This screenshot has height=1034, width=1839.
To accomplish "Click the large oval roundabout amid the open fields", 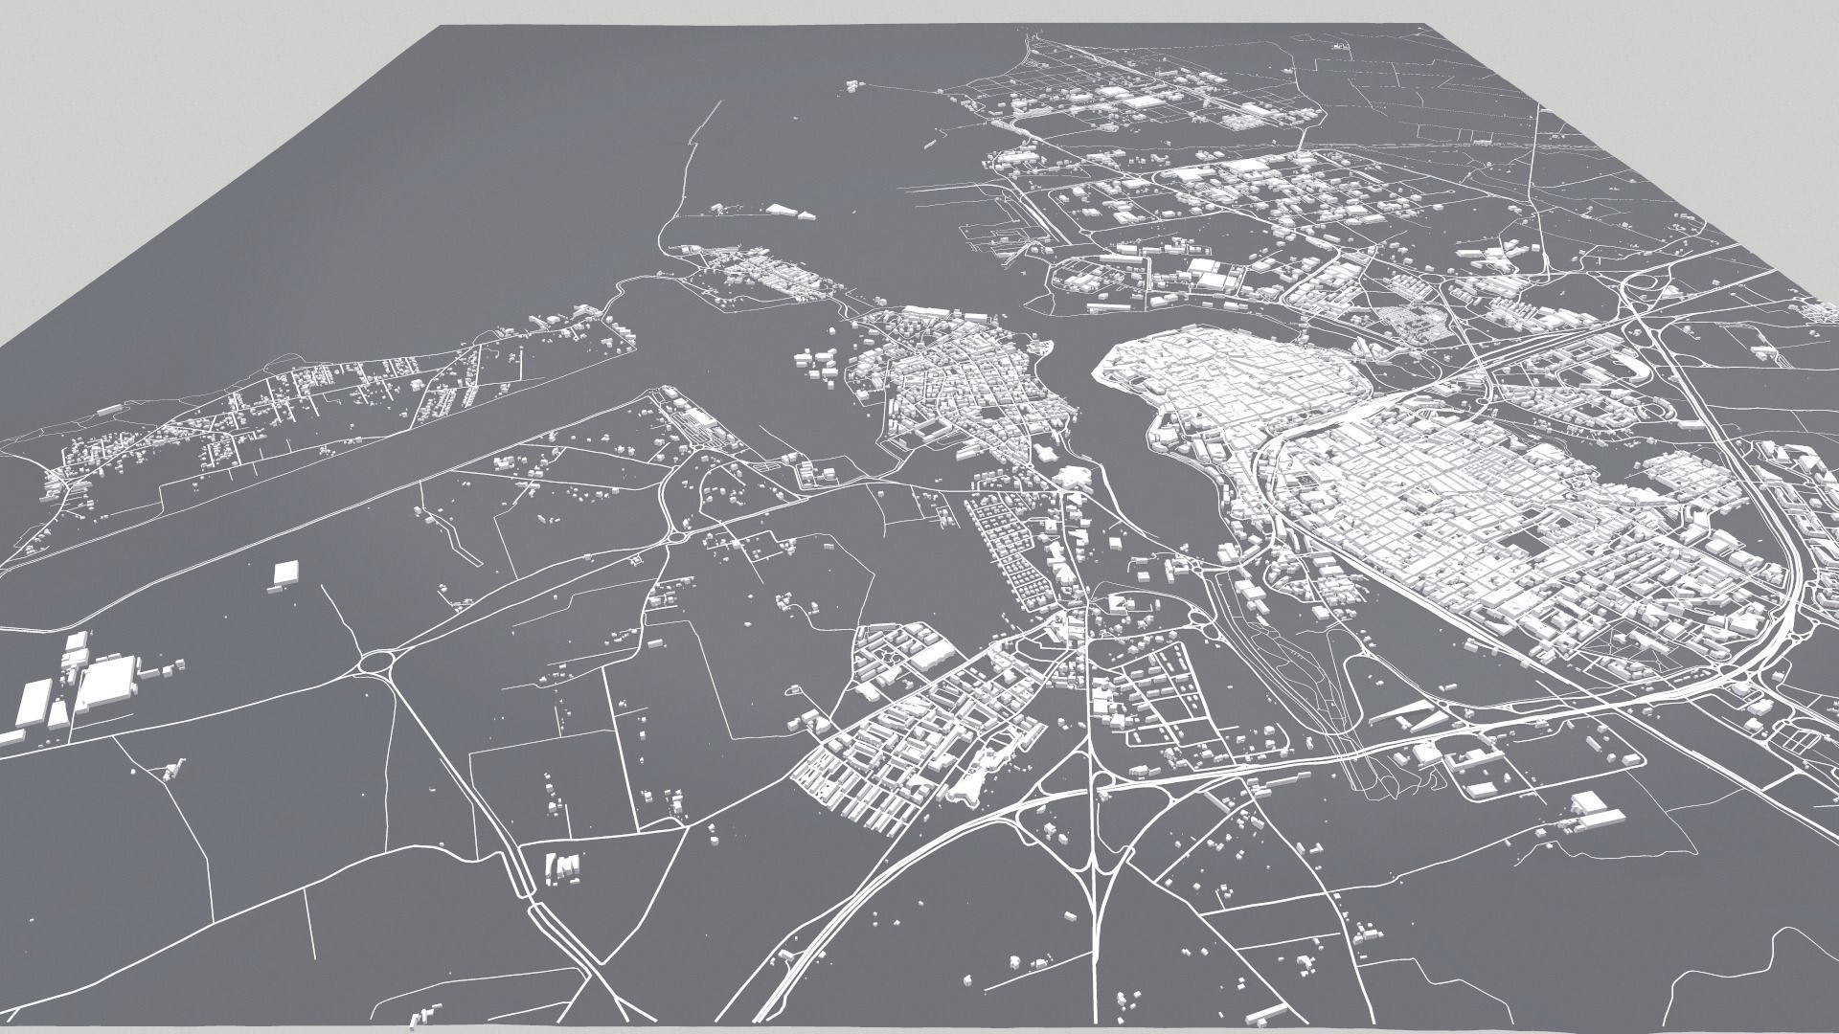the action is tap(379, 662).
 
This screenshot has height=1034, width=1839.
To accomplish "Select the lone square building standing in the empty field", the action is tap(285, 573).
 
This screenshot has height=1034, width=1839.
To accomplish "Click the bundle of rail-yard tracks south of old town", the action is tap(1336, 708).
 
